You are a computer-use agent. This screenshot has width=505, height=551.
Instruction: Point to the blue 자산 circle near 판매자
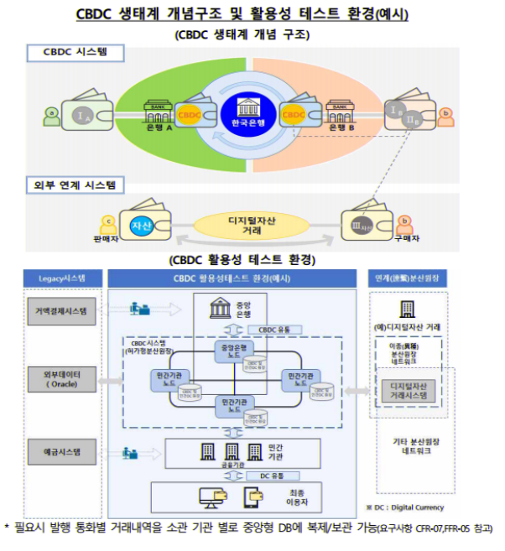139,225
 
